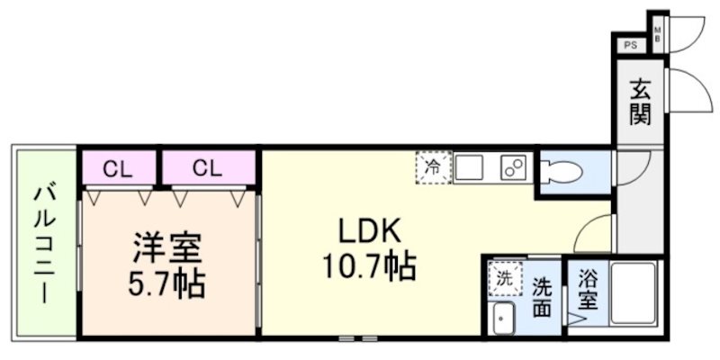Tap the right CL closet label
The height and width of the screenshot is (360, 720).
click(x=206, y=168)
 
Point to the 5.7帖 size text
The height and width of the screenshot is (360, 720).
click(x=166, y=284)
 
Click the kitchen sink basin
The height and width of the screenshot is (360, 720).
click(x=470, y=167)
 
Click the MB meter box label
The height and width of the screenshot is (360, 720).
click(x=657, y=35)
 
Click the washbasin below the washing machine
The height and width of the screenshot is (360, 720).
click(x=503, y=317)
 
